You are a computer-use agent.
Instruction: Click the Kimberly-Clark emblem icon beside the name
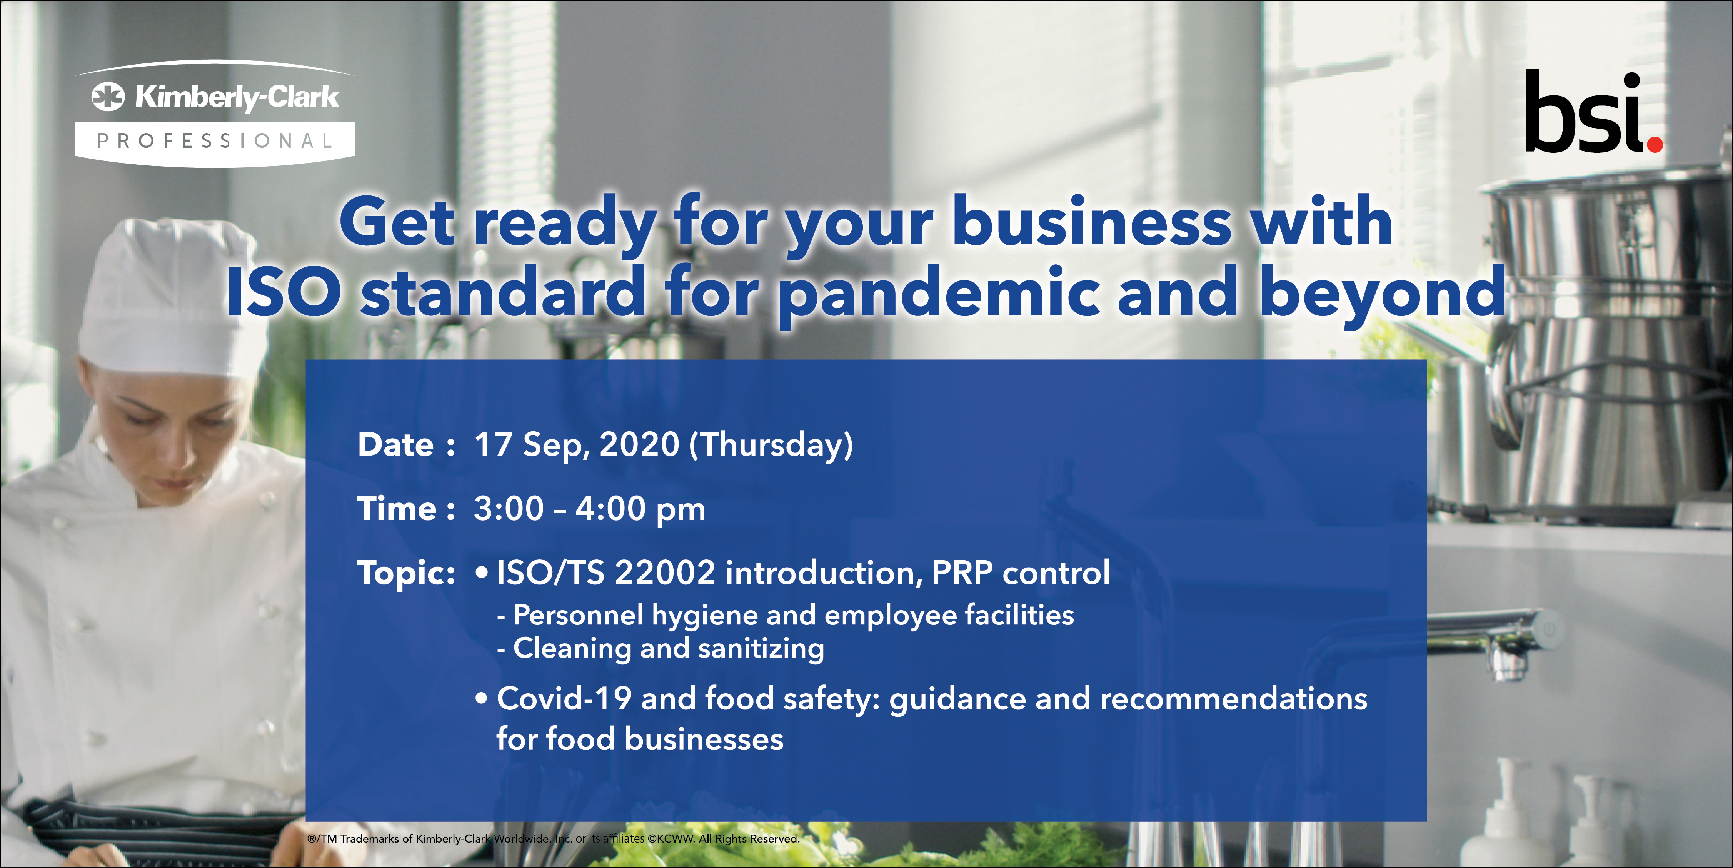point(108,96)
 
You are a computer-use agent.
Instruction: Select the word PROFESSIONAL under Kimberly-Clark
point(215,141)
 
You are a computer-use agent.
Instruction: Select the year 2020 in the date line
point(639,445)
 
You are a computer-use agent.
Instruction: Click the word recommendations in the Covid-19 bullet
point(1233,698)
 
